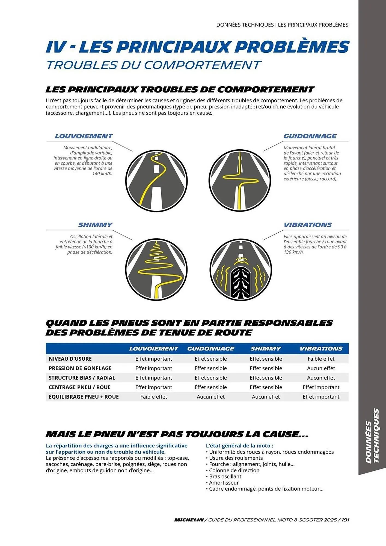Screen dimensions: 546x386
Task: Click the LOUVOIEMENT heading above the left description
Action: pos(84,136)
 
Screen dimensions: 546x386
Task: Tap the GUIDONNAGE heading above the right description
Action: pos(310,136)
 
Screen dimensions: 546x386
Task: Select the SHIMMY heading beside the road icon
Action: pos(95,225)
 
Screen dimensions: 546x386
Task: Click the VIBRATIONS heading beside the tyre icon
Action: pos(308,225)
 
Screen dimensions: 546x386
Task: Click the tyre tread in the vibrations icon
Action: pos(240,283)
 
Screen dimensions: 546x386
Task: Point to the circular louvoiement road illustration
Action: pos(156,181)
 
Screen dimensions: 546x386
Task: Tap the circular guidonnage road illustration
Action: pos(240,181)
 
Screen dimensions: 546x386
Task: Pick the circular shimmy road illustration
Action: pos(156,270)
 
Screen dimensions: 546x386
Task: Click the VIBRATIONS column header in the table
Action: pos(321,349)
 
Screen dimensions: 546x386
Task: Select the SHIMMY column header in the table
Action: pos(266,349)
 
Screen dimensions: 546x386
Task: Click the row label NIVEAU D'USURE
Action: pos(70,359)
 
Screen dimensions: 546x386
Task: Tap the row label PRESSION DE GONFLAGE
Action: pos(80,368)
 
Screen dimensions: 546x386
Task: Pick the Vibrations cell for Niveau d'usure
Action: pos(321,359)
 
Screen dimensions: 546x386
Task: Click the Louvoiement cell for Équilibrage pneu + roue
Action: pos(154,397)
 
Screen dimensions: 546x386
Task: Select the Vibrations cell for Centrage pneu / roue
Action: pos(321,387)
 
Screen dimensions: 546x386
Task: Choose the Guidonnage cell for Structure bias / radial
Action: pos(210,378)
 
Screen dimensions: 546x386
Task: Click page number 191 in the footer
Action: pos(345,520)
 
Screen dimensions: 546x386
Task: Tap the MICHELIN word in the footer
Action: pos(189,520)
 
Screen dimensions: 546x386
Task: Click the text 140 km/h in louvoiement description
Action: pos(102,174)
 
